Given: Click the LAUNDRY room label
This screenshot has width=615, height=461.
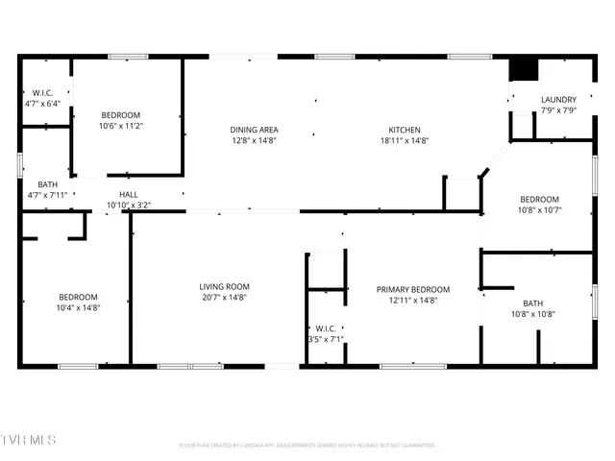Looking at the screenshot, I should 558,100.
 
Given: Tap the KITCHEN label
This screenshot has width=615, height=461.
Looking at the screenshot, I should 404,130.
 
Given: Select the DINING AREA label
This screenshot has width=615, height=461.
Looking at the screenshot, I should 254,130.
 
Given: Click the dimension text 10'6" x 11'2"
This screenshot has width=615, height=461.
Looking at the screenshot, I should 120,126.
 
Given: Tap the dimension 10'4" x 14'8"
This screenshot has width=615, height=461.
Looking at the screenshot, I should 79,307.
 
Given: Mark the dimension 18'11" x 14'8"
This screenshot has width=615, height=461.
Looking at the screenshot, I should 404,140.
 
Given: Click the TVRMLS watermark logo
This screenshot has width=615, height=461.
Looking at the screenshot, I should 29,440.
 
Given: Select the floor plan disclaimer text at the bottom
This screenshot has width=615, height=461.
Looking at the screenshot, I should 307,445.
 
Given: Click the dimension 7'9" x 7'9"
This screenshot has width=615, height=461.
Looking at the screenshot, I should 558,110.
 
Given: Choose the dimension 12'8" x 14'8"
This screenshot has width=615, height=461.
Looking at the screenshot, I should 254,140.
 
